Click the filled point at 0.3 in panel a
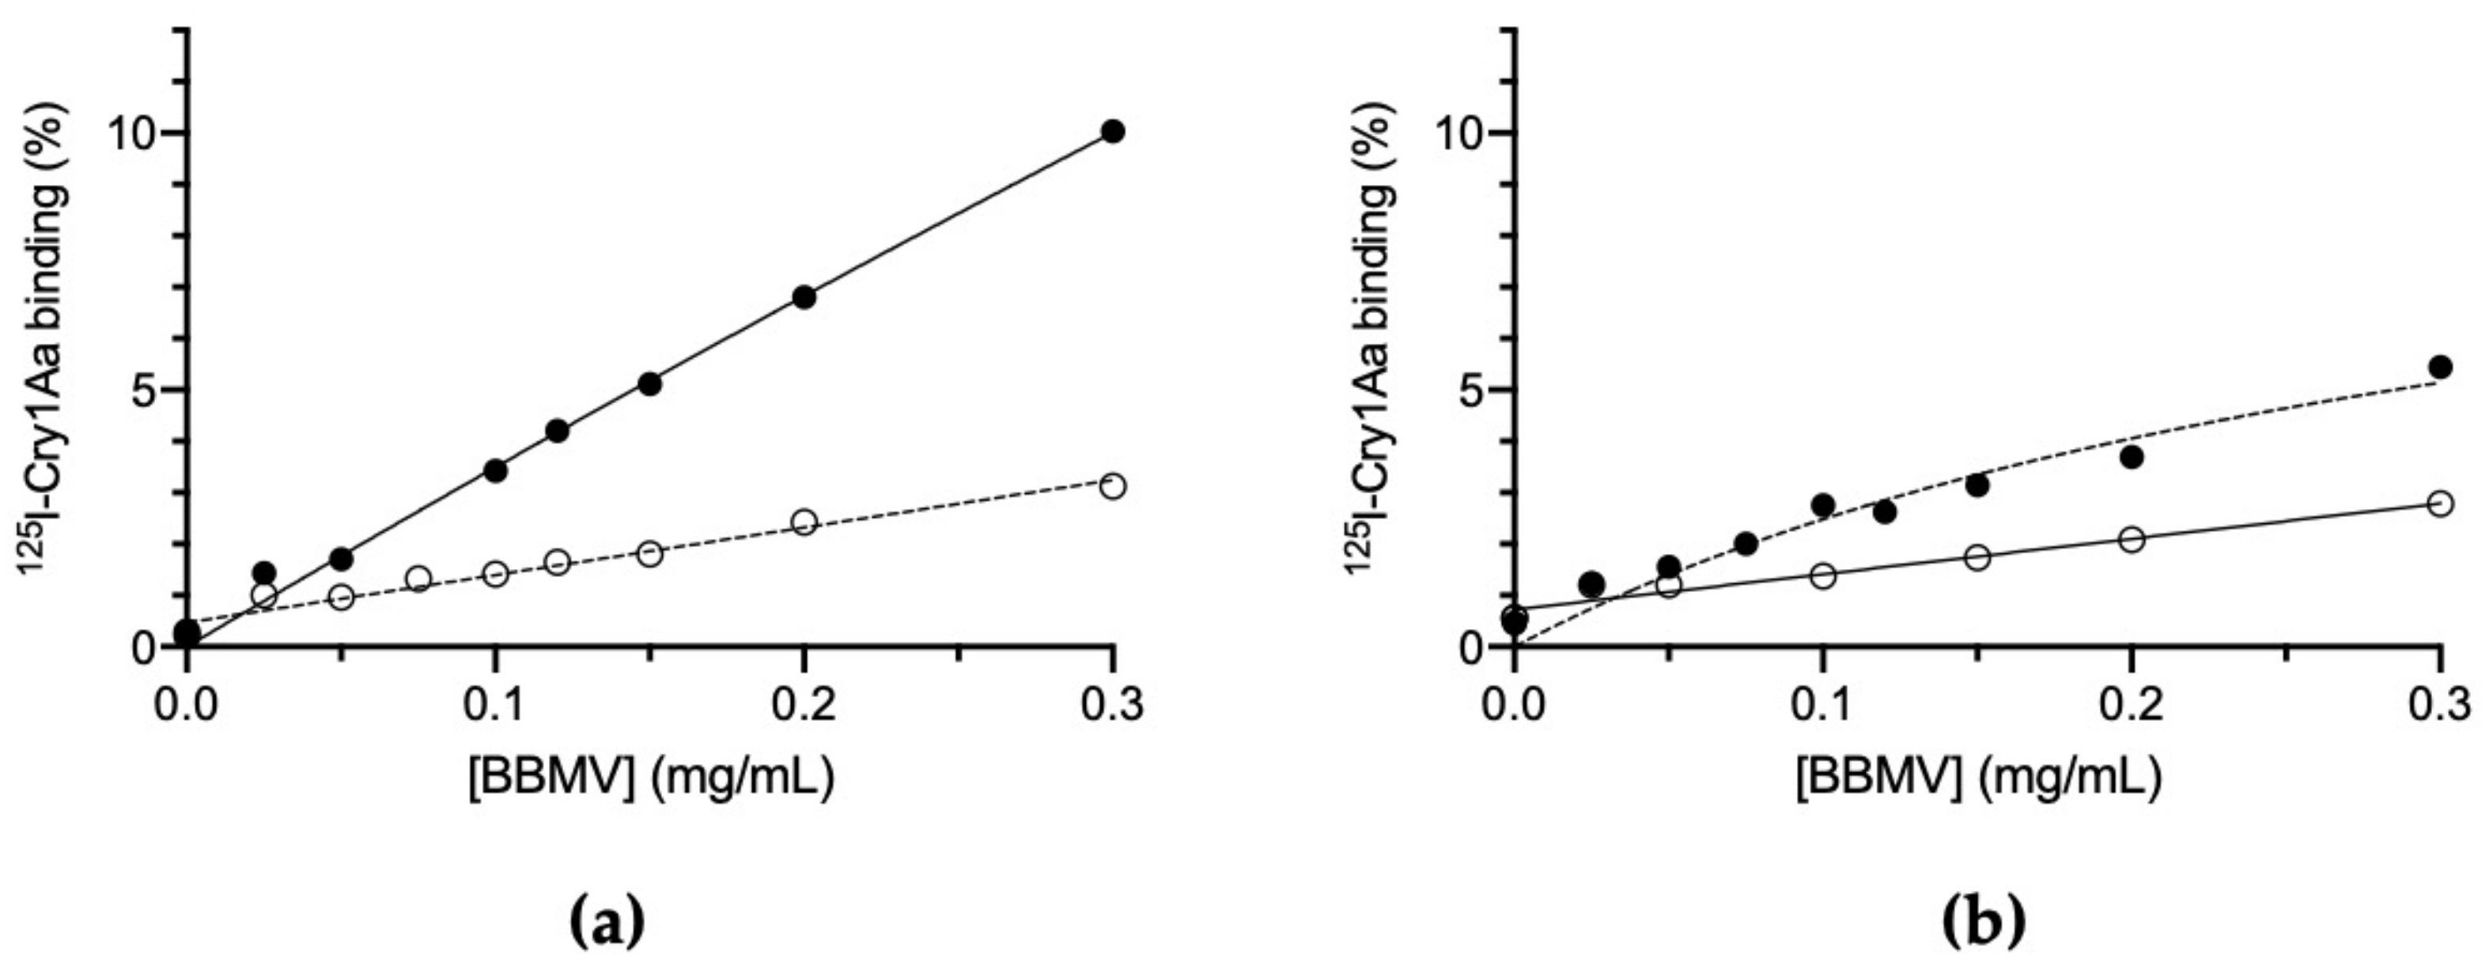1112,132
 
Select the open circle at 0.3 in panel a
1112,486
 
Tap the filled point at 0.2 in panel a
804,297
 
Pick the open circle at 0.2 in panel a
804,522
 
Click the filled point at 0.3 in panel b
2440,367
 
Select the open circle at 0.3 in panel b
2440,504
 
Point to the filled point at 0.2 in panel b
2132,457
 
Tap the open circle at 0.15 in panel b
1978,557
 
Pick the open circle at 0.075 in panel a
418,579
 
